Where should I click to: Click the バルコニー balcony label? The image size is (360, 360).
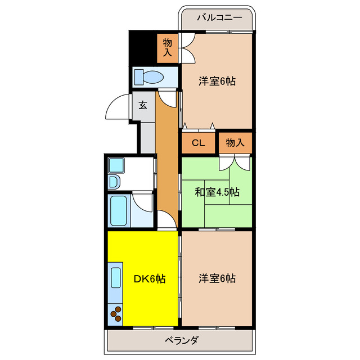pyautogui.click(x=219, y=17)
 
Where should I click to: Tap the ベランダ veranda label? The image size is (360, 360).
pyautogui.click(x=181, y=340)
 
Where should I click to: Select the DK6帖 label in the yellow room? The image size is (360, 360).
pyautogui.click(x=150, y=278)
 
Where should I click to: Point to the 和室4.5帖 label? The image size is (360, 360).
pyautogui.click(x=217, y=192)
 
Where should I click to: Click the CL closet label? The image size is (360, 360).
pyautogui.click(x=197, y=143)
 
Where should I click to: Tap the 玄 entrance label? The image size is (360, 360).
pyautogui.click(x=143, y=105)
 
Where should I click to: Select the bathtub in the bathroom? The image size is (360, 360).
pyautogui.click(x=120, y=211)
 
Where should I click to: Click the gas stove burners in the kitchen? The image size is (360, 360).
pyautogui.click(x=117, y=313)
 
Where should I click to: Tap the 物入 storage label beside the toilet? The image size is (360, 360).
pyautogui.click(x=168, y=47)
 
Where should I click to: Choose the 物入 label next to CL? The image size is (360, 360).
pyautogui.click(x=235, y=143)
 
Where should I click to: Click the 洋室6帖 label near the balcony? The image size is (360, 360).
pyautogui.click(x=217, y=81)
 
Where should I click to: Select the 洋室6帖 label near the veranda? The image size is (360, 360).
pyautogui.click(x=217, y=278)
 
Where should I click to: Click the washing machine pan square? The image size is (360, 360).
pyautogui.click(x=116, y=165)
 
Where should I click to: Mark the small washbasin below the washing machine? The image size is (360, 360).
pyautogui.click(x=114, y=182)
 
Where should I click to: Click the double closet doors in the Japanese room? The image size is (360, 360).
pyautogui.click(x=235, y=161)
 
